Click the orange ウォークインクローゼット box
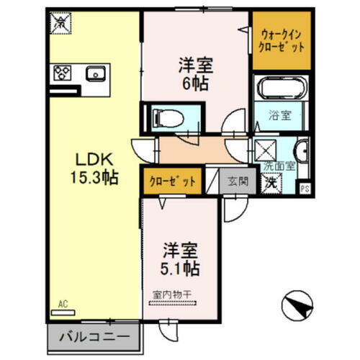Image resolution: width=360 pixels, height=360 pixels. coord(280,41)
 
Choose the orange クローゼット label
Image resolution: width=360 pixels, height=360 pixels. coord(172,181)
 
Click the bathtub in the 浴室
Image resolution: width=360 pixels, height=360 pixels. coord(281,91)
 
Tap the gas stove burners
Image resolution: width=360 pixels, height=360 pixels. coord(63,73)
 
